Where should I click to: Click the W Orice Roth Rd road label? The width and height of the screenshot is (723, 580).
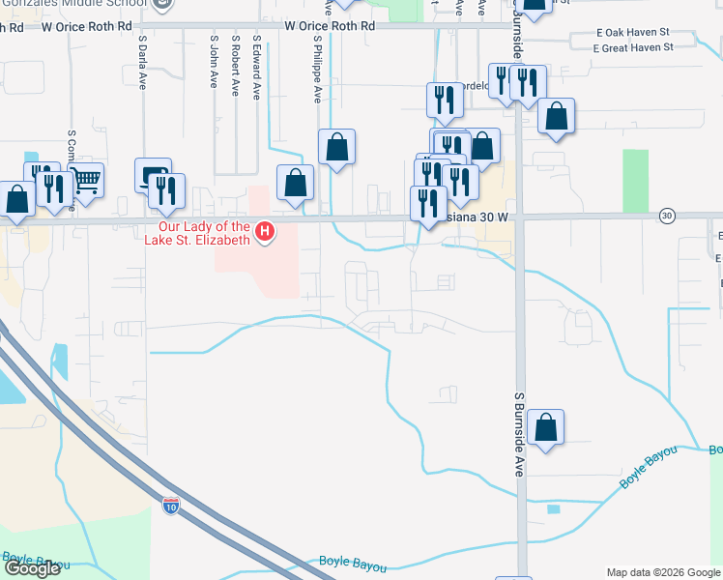click(x=329, y=27)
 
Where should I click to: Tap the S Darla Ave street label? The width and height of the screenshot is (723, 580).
click(x=141, y=64)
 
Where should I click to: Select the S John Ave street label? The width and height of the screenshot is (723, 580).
click(x=214, y=64)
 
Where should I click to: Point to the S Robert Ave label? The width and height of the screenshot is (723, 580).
click(x=235, y=67)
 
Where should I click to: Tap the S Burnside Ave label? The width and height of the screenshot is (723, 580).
click(x=518, y=434)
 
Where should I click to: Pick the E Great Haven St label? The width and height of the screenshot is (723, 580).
click(x=634, y=47)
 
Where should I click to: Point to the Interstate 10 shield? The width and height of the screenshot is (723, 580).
click(x=170, y=506)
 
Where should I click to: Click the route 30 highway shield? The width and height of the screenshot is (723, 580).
click(x=667, y=215)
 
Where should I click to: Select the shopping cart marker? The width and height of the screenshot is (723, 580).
click(x=86, y=178)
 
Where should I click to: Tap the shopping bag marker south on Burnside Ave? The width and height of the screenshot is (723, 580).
click(x=545, y=427)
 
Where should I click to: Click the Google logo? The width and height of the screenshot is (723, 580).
click(x=32, y=568)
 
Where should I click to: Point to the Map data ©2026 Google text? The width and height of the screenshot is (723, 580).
click(x=662, y=572)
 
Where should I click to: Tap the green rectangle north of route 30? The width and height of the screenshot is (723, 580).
click(x=635, y=181)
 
